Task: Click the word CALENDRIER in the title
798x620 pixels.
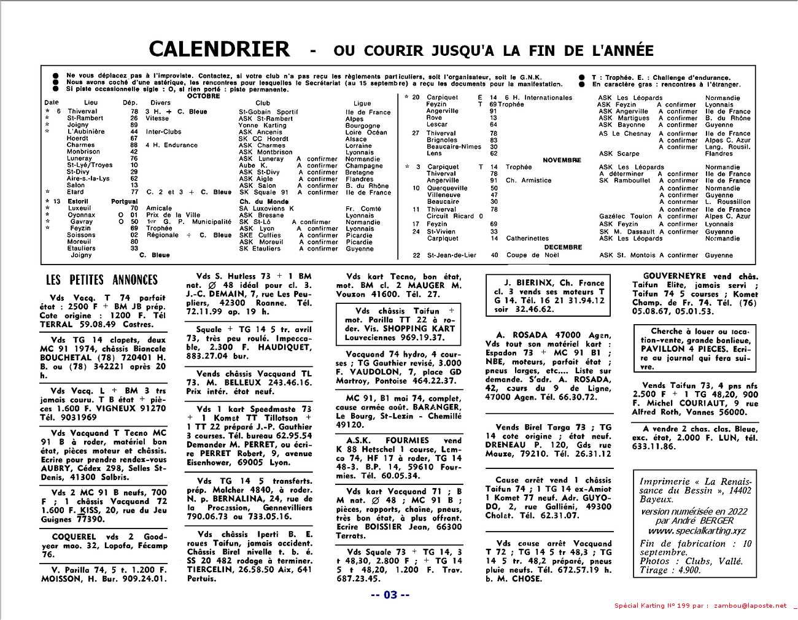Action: coord(219,49)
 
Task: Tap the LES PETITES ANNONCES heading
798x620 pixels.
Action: coord(102,280)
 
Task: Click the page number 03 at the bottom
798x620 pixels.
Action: coord(390,594)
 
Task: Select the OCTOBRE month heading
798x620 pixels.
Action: coord(203,96)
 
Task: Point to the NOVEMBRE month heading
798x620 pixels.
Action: coord(561,160)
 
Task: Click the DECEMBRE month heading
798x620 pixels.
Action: coord(563,247)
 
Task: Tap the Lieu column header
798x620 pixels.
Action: coord(91,103)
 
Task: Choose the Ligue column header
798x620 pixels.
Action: coord(362,103)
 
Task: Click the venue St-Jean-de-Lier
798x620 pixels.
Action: coord(452,255)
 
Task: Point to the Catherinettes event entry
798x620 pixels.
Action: coord(527,239)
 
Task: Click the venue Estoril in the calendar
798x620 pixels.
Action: coord(78,201)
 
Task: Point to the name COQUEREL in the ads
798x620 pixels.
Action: coord(74,537)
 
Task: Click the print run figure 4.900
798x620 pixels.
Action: coord(687,570)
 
